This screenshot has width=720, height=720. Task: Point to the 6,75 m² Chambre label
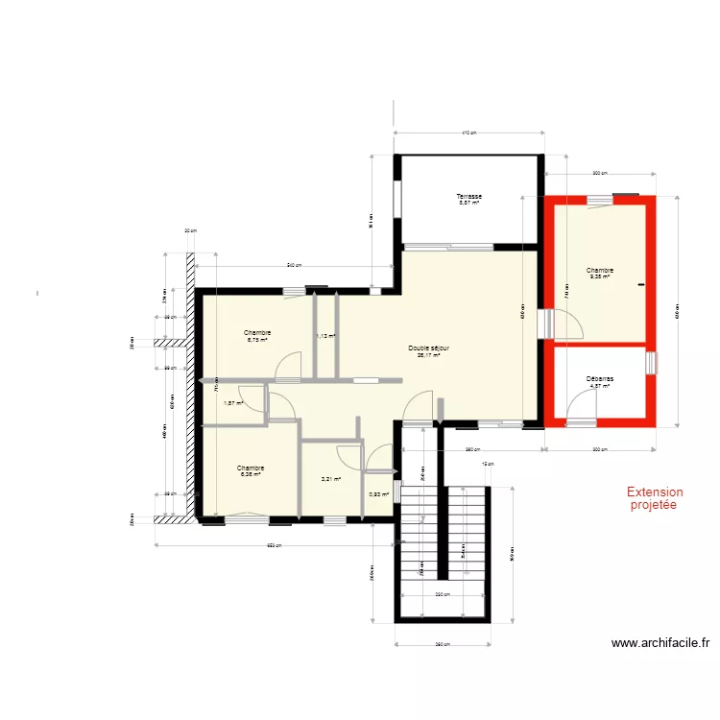click(x=257, y=335)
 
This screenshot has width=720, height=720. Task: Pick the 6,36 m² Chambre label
click(x=251, y=470)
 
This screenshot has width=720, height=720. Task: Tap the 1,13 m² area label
click(x=326, y=336)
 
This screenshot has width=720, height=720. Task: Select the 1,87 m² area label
click(x=233, y=403)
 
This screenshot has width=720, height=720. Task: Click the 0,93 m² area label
click(x=378, y=494)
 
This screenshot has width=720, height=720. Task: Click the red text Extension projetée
click(x=653, y=497)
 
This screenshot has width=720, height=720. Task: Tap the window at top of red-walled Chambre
click(x=602, y=199)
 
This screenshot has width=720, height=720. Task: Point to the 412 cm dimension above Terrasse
click(x=468, y=133)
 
